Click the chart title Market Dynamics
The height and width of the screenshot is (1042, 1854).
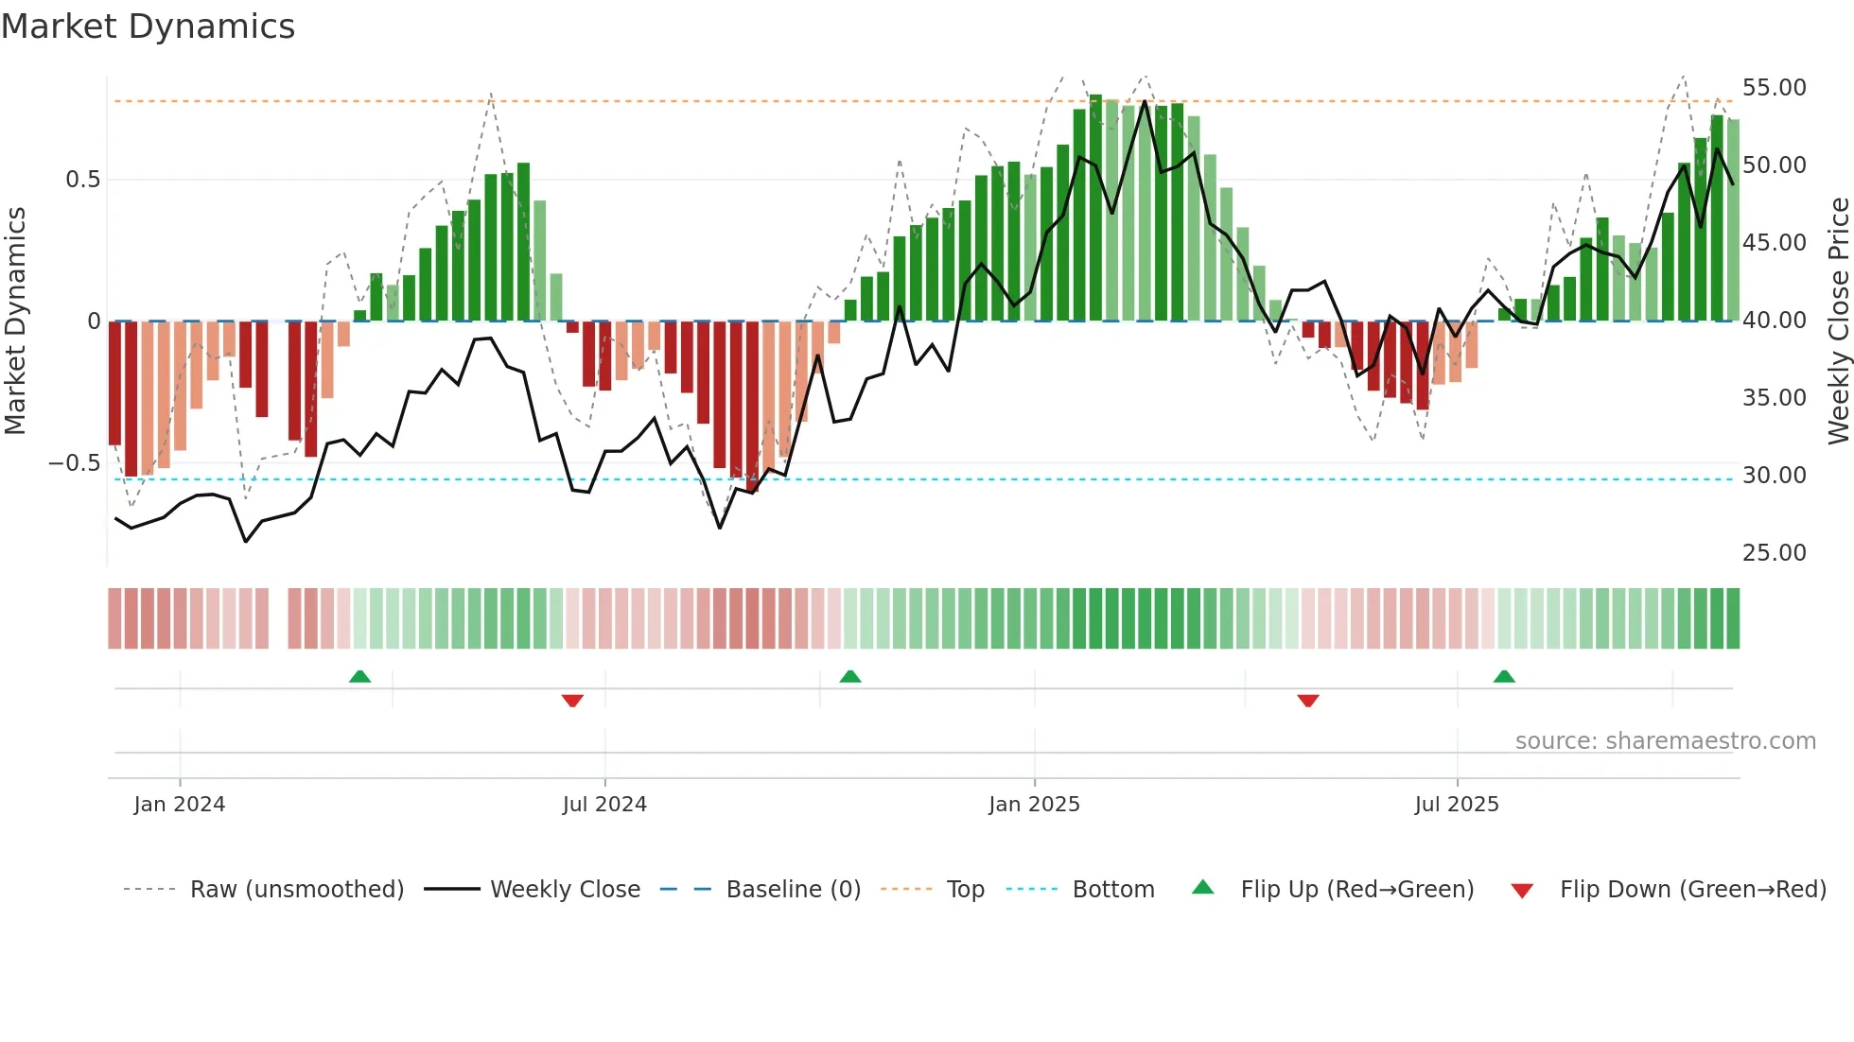[x=149, y=26]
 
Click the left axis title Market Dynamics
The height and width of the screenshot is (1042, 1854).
[x=15, y=321]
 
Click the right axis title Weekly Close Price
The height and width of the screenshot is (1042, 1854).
[x=1838, y=321]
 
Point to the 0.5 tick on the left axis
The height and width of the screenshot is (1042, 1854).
[x=82, y=180]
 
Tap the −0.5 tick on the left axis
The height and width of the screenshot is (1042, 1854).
[x=75, y=463]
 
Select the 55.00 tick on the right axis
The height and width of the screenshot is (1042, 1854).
[x=1774, y=88]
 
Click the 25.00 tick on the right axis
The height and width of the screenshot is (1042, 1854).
[x=1774, y=553]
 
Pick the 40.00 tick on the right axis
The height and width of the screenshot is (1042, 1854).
[x=1774, y=321]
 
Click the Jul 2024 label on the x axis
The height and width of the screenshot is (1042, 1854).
[x=604, y=805]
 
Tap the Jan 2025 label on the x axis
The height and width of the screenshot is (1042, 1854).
[x=1034, y=805]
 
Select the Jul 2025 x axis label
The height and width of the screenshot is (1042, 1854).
[x=1457, y=805]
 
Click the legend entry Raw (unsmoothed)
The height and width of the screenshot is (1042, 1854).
[x=296, y=890]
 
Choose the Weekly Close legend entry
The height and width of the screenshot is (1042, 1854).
[x=565, y=890]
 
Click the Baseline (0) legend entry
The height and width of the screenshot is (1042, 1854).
[x=793, y=890]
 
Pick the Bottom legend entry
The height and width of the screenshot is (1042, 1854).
[x=1112, y=890]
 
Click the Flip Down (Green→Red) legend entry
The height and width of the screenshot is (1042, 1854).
[x=1692, y=890]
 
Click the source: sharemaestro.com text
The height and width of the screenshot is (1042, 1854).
[x=1665, y=741]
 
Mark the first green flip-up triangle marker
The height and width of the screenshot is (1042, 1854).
[x=359, y=676]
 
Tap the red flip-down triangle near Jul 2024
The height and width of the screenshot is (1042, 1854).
[x=572, y=701]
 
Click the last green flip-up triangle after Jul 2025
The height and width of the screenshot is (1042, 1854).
[x=1504, y=676]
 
